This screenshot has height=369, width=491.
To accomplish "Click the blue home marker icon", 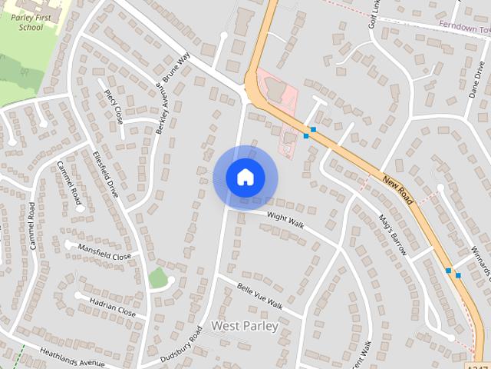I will point(245,178).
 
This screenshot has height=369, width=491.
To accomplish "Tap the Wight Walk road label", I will point(285,221).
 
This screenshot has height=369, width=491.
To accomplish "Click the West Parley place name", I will point(244,326).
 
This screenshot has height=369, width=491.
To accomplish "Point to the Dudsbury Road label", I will point(183,344).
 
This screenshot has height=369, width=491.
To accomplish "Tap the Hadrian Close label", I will point(112,307).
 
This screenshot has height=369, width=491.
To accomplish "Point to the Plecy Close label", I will point(114,107).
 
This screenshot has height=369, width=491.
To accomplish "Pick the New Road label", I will point(397,189).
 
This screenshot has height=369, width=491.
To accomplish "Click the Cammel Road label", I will point(32,225).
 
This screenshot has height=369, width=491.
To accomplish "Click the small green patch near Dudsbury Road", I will point(158,278).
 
